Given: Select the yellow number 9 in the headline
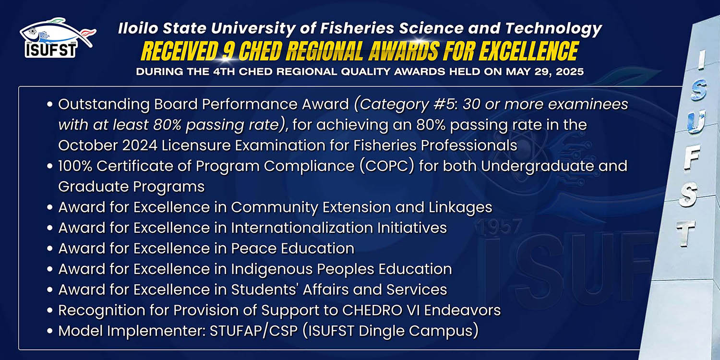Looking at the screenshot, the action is point(228,51).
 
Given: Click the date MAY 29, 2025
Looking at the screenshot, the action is point(545,72).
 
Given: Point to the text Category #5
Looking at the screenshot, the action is point(407,105).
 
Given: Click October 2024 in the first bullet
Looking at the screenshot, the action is point(108,145).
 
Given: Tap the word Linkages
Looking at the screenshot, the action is point(460,208).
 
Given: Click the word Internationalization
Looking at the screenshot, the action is point(302,228).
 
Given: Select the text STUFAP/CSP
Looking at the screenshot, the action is point(253,331).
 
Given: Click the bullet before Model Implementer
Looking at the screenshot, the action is point(49,331).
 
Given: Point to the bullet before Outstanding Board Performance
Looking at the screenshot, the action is point(49,104).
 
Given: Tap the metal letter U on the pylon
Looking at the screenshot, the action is point(696,122).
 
